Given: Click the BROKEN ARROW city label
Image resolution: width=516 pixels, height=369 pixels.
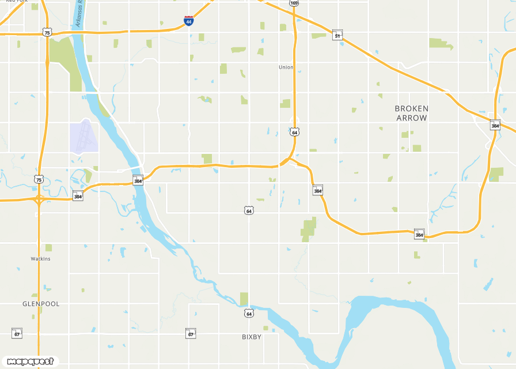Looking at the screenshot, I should pyautogui.click(x=411, y=113).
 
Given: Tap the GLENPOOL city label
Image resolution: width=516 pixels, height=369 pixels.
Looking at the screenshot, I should pyautogui.click(x=41, y=303).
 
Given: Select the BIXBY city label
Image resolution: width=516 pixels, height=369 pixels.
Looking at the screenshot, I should pyautogui.click(x=252, y=337).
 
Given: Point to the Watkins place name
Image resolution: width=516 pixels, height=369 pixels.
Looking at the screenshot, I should pyautogui.click(x=41, y=259).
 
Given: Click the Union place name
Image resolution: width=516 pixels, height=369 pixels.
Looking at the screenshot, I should pyautogui.click(x=286, y=67).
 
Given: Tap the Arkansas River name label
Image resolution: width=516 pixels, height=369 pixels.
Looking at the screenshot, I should pyautogui.click(x=79, y=13).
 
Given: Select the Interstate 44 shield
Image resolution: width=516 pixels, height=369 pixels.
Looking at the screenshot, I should pyautogui.click(x=189, y=21).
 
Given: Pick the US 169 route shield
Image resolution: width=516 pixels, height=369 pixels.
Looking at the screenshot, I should pyautogui.click(x=294, y=3).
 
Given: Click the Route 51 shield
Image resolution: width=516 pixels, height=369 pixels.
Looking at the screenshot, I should pyautogui.click(x=337, y=36).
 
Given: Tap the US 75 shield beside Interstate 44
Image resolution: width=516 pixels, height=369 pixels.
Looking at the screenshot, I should pyautogui.click(x=47, y=32).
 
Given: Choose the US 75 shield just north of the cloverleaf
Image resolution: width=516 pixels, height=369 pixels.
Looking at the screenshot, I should pyautogui.click(x=39, y=179).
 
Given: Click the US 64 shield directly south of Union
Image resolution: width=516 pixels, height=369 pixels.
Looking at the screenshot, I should pyautogui.click(x=295, y=132).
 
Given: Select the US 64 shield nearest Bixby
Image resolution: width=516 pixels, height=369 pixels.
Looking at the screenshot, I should pyautogui.click(x=248, y=313).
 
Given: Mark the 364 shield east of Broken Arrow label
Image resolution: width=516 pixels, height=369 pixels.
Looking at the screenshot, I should pyautogui.click(x=495, y=125).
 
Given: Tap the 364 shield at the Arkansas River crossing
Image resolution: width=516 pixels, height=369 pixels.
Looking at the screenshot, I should pyautogui.click(x=138, y=180).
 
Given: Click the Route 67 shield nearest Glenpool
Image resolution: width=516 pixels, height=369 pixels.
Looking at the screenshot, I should pyautogui.click(x=17, y=333).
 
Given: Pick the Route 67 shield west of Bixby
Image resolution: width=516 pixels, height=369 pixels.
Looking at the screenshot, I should pyautogui.click(x=191, y=333).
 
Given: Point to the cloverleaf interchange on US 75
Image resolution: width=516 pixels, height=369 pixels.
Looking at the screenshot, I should pyautogui.click(x=39, y=200).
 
